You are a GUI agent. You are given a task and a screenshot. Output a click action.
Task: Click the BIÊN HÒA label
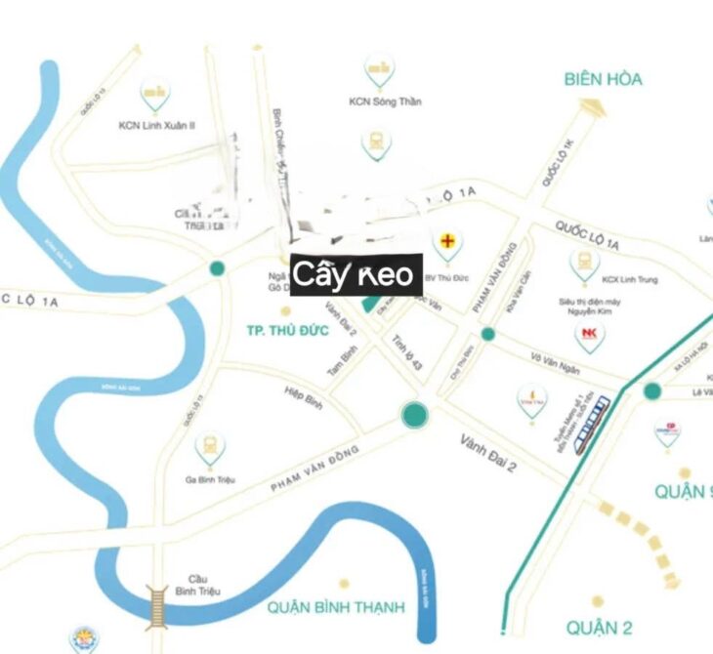click(603, 79)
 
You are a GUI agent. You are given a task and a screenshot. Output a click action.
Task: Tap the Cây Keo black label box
click(356, 273)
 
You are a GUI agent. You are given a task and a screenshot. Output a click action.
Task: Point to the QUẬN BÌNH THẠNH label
click(335, 607)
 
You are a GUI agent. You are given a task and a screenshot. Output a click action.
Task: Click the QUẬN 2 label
click(599, 627)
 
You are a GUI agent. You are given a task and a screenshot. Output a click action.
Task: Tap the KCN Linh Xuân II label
click(157, 125)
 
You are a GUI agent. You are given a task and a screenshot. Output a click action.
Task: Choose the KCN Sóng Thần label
click(385, 102)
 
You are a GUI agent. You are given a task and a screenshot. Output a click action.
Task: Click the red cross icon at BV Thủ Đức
click(448, 239)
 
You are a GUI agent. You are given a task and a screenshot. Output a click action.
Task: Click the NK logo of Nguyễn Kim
click(588, 334)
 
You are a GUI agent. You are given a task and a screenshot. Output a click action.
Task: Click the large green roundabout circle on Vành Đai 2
click(415, 415)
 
